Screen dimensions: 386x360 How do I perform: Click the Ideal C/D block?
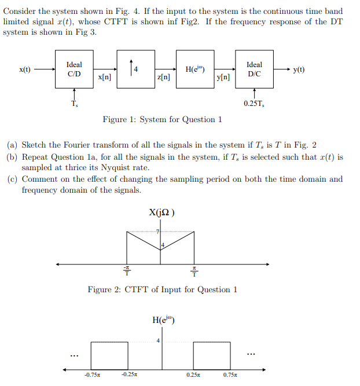coord(75,69)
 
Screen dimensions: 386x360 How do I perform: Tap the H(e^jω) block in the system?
coord(194,69)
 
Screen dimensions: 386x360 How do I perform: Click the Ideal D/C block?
coord(254,69)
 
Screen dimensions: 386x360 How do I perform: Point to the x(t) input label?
coord(25,70)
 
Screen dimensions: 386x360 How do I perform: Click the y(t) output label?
coord(299,70)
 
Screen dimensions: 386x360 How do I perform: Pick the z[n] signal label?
coord(164,77)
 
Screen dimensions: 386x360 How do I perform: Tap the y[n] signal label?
coord(223,77)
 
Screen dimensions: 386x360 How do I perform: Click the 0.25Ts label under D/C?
coord(254,104)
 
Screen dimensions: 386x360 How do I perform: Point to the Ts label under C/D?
coord(74,104)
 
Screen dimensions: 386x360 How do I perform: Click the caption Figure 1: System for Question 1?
coord(162,120)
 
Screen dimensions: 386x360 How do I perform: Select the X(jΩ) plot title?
coord(163,212)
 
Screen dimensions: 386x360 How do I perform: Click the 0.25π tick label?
coord(193,374)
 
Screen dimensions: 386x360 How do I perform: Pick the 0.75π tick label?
coord(230,374)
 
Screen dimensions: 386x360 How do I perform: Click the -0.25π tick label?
coord(129,374)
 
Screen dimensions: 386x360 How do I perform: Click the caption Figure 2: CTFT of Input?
coord(162,289)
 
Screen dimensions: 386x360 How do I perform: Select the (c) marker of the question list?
coord(12,179)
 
